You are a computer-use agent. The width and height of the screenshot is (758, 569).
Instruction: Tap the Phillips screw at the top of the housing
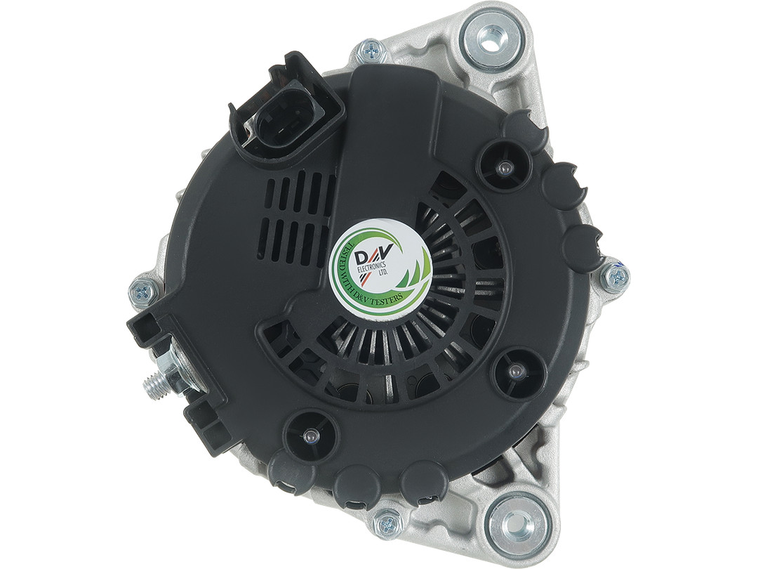pyautogui.click(x=373, y=51)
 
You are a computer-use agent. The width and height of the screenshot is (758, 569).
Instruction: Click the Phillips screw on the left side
pyautogui.click(x=143, y=291)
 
